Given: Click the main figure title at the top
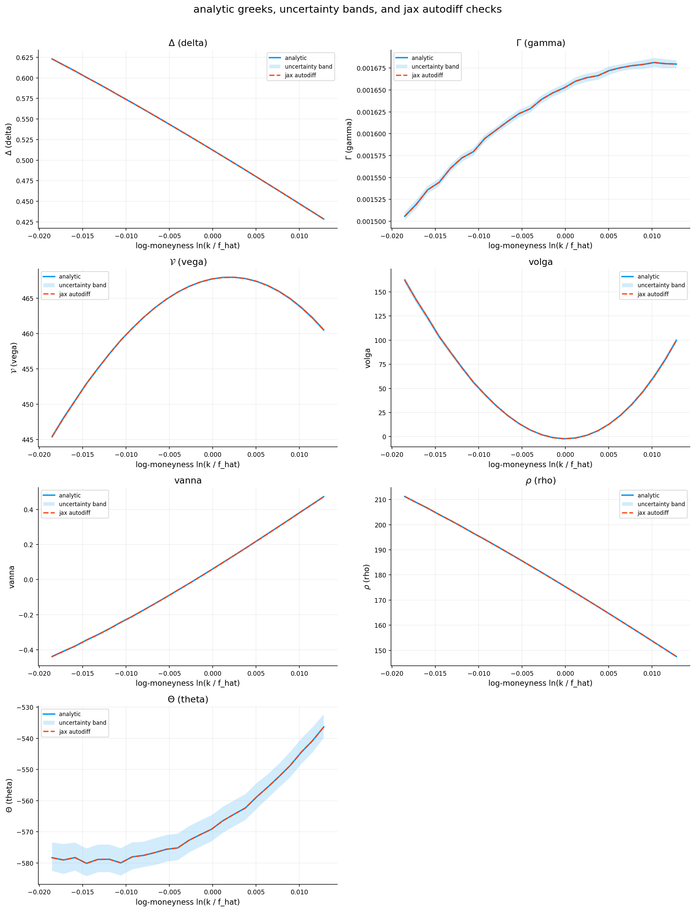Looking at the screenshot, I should point(347,10).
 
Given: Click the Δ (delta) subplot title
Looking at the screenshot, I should point(188,43).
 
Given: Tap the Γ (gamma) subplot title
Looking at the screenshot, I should point(540,43).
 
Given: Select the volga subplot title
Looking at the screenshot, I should point(540,262).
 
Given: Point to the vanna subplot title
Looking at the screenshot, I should point(188,480).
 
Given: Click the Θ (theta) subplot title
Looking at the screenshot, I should point(188,699).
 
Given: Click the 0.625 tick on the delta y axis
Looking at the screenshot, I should point(24,58).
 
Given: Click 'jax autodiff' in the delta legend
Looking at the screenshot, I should point(300,75).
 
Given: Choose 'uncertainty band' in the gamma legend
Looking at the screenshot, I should point(435,67).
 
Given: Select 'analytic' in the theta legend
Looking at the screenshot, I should point(69,714).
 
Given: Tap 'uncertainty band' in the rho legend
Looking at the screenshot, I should point(661,504).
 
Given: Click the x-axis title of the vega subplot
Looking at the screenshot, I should point(188,464).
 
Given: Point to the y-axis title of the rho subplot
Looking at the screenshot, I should point(367,577).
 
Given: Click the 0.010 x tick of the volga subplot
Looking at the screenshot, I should point(652,455).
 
